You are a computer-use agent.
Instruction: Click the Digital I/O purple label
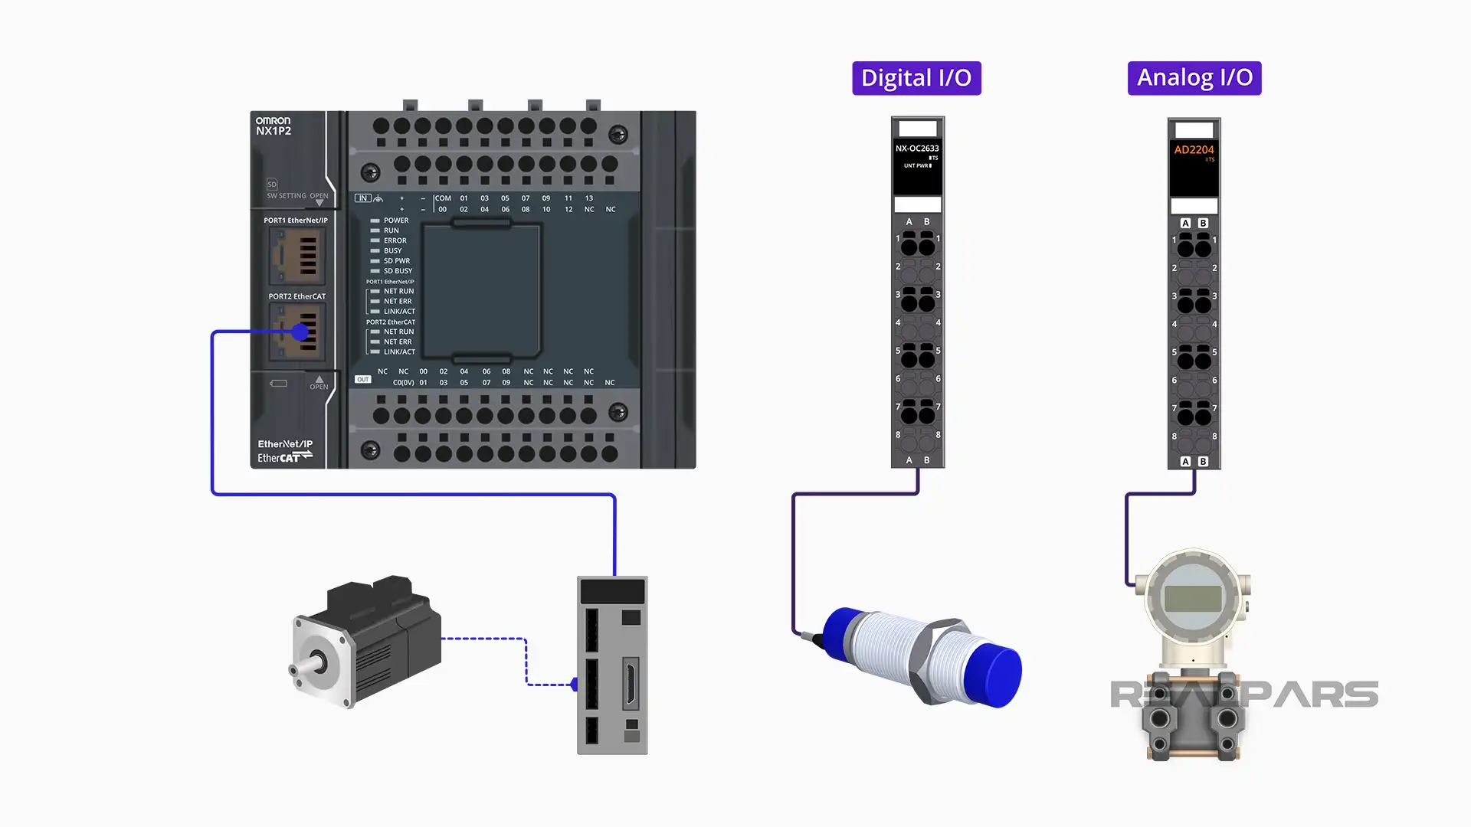(916, 78)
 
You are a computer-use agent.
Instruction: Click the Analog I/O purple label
(1194, 78)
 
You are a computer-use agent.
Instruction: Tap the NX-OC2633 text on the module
(917, 149)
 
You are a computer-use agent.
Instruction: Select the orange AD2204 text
(1194, 150)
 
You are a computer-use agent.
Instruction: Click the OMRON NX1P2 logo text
(274, 126)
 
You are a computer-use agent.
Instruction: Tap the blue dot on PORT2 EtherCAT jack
(300, 332)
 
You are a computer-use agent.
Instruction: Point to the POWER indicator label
(396, 221)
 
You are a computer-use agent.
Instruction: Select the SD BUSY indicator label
(398, 271)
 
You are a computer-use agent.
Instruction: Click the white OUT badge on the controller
(362, 379)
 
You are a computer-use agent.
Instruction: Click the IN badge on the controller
(362, 198)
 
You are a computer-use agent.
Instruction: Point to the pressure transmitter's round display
(1192, 597)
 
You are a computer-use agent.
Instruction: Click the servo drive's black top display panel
(612, 591)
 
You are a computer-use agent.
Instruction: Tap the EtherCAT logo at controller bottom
(284, 458)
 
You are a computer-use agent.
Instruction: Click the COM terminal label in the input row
(443, 198)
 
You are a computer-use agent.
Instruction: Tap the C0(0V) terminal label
(403, 382)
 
